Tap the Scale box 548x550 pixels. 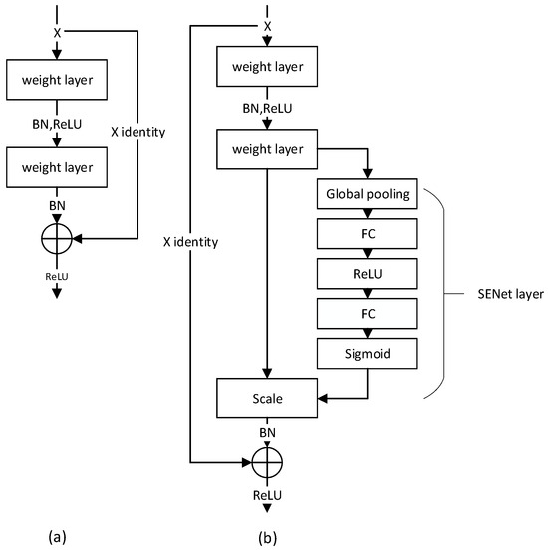pos(267,398)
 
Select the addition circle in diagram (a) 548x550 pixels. pos(56,239)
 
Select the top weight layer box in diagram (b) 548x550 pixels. pos(267,68)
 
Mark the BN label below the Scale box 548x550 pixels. pos(267,433)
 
